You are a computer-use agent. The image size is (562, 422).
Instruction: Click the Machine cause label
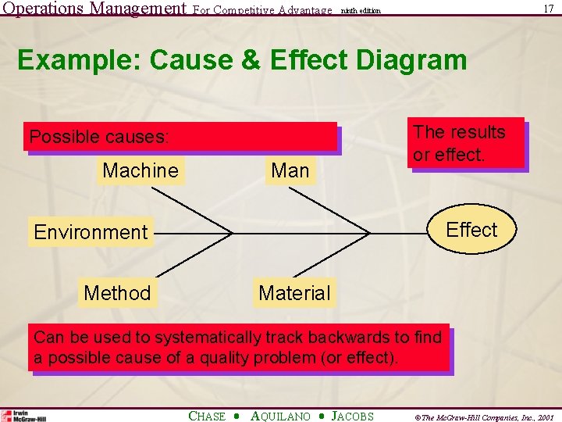[140, 170]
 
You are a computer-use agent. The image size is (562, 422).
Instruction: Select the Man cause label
[290, 170]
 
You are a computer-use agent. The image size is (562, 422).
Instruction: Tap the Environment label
[91, 232]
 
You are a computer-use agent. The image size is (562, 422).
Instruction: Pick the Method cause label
[117, 293]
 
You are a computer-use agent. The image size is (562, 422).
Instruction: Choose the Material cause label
[294, 293]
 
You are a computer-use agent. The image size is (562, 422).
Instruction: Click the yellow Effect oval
[471, 230]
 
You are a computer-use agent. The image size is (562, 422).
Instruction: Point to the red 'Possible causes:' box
[181, 137]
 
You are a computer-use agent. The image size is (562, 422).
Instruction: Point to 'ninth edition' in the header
[361, 11]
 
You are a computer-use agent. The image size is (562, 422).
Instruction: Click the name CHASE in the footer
[207, 417]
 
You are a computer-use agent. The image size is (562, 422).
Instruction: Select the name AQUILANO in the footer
[280, 417]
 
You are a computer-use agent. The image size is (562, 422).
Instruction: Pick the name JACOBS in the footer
[353, 417]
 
